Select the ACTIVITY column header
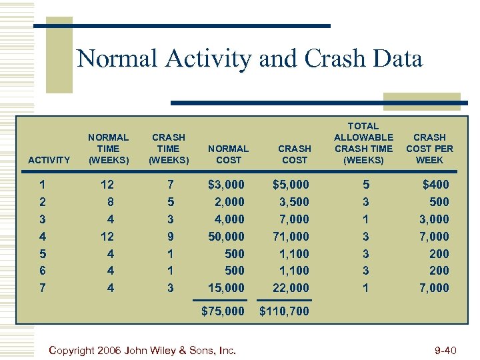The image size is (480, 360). click(49, 160)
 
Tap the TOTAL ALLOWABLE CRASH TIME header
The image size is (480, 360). click(363, 143)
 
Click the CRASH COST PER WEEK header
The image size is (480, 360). click(429, 149)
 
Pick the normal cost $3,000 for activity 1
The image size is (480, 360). click(227, 185)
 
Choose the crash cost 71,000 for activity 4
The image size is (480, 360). click(291, 237)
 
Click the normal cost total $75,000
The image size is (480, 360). click(223, 310)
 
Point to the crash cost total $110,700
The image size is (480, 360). click(284, 310)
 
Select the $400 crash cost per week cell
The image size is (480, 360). click(436, 185)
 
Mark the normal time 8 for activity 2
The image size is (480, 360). click(111, 202)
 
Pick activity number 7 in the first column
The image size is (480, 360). click(42, 288)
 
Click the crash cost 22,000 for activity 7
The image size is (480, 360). click(291, 288)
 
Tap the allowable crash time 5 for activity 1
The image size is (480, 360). click(364, 185)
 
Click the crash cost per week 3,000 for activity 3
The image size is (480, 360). click(433, 219)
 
